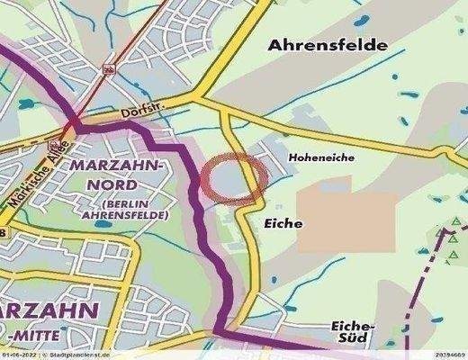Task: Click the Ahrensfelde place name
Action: [325, 44]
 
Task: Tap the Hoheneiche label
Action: [321, 157]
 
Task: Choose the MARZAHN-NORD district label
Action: [115, 176]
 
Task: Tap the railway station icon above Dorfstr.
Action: [110, 68]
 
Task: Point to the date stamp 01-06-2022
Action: [19, 355]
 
